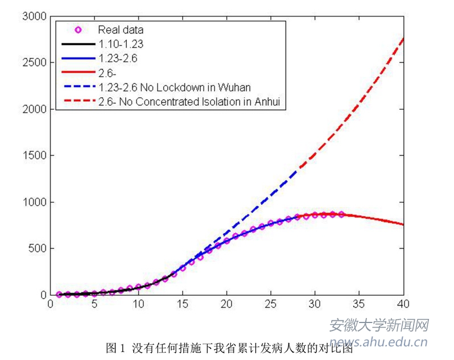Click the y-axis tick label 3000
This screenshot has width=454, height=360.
tap(33, 16)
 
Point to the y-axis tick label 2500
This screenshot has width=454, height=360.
tap(33, 62)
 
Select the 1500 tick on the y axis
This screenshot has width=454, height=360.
tap(33, 155)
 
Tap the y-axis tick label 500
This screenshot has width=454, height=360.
tap(35, 249)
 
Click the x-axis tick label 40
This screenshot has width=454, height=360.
tap(403, 304)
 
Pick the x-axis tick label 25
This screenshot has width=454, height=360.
tap(271, 304)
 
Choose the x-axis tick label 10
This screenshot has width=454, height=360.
tap(138, 304)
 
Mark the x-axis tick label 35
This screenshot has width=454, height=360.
tap(359, 304)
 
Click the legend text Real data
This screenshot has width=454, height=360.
tap(121, 30)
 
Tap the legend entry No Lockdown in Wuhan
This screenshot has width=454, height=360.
tap(175, 88)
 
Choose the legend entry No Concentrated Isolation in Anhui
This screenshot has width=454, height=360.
tap(191, 102)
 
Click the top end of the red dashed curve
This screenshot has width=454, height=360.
tap(403, 38)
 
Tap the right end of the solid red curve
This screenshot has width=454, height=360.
tap(403, 225)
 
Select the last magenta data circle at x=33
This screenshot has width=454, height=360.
tap(341, 214)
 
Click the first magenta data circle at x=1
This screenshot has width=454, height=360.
tap(59, 295)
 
